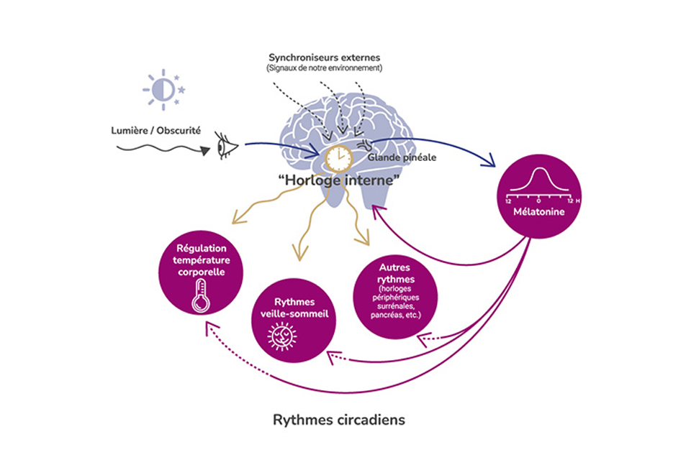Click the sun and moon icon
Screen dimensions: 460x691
(x=164, y=90)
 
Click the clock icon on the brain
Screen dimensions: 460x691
(x=337, y=157)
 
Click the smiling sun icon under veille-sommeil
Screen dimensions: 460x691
(x=281, y=336)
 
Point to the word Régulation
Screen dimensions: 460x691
(x=199, y=248)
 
